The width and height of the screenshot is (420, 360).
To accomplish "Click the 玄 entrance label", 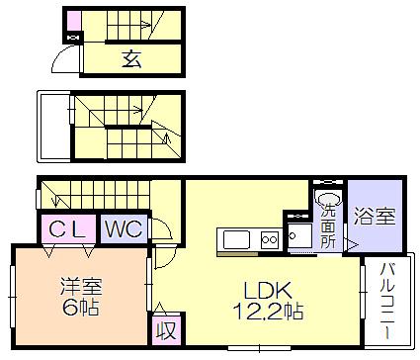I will [131, 58].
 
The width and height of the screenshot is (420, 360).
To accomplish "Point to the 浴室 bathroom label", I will [375, 214].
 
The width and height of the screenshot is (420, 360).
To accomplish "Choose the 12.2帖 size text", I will [265, 312].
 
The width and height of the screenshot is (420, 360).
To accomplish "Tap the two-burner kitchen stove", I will [270, 239].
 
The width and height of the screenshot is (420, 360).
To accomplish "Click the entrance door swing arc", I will [65, 59].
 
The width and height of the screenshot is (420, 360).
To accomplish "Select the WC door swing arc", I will [163, 233].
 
